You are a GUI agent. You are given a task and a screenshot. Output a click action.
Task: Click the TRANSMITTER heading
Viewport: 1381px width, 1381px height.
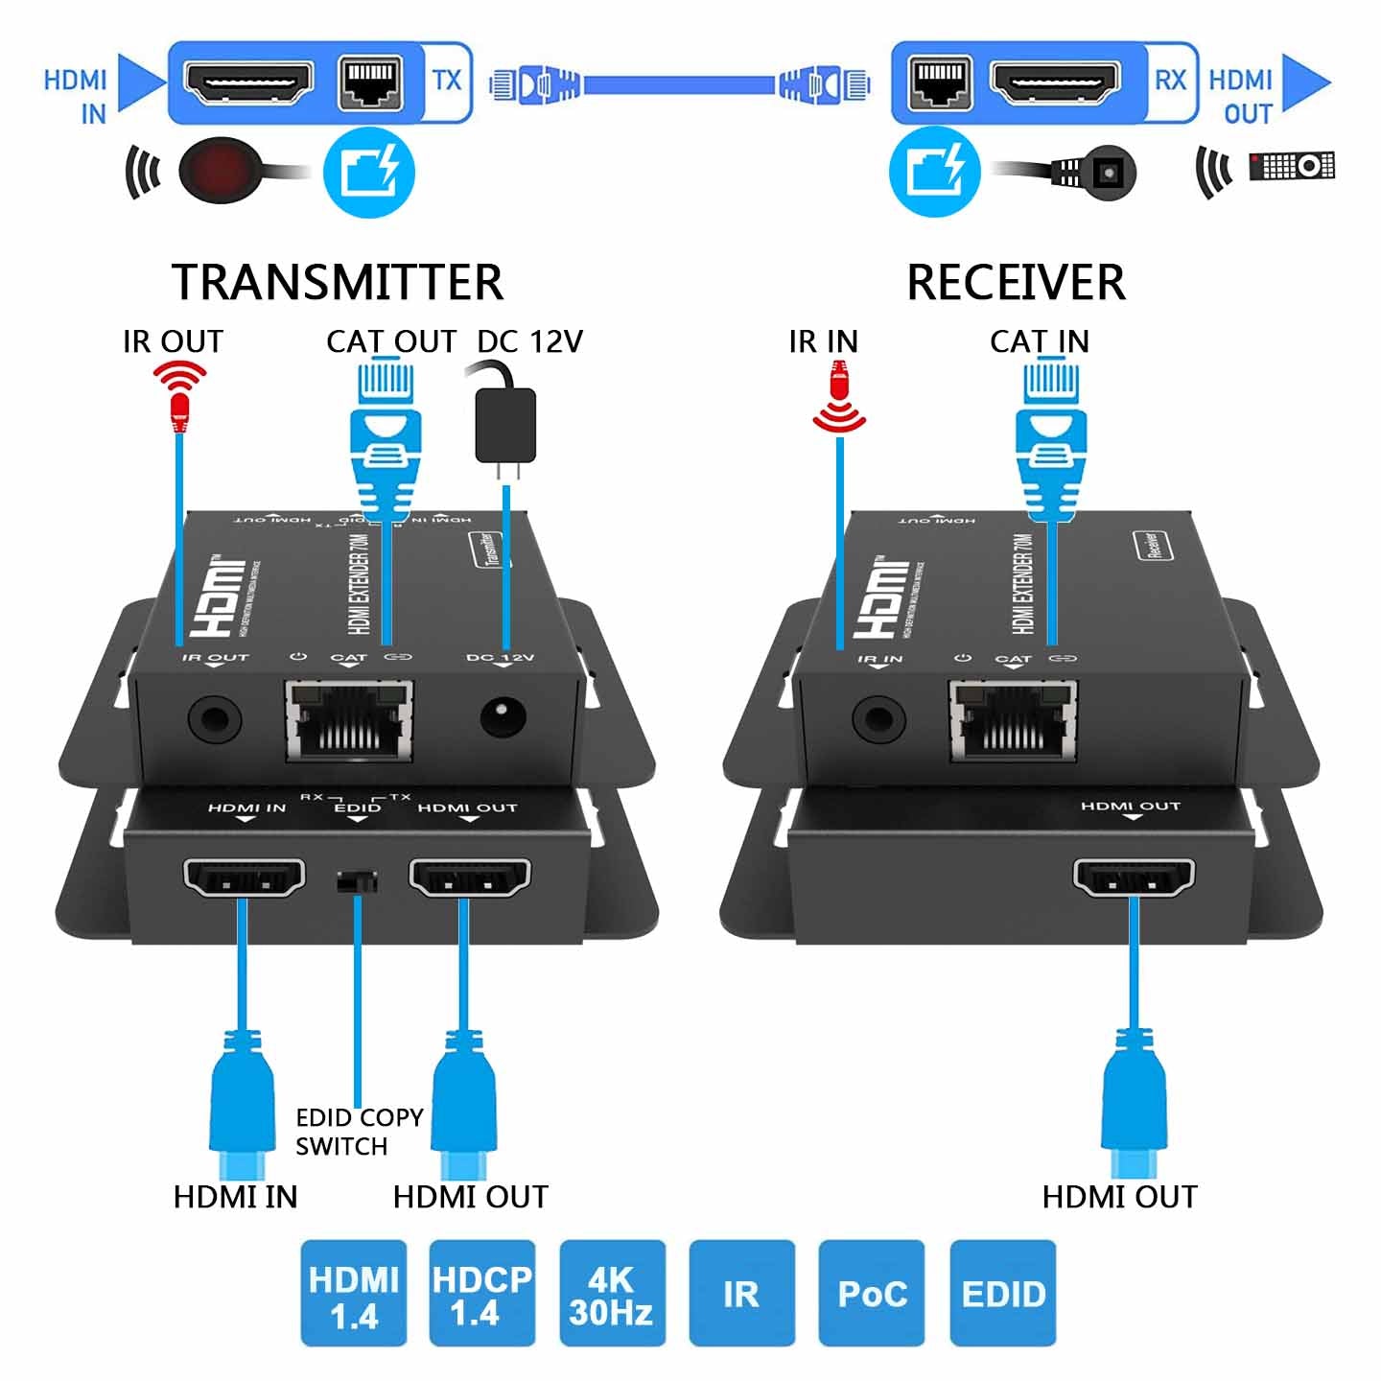[x=337, y=282]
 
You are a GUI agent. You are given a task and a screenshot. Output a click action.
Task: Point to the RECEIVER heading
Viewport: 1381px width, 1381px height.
[x=1016, y=282]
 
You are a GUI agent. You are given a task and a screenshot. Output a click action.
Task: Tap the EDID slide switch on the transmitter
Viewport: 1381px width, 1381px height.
[x=357, y=881]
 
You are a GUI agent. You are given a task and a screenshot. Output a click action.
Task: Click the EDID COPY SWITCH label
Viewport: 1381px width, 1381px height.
[x=359, y=1132]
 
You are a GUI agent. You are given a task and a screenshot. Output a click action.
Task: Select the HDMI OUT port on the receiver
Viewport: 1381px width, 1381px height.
[x=1134, y=877]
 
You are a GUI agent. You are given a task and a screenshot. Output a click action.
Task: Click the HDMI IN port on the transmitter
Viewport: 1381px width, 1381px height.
[x=244, y=877]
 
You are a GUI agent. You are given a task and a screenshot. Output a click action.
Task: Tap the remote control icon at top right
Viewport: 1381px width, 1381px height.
[x=1292, y=166]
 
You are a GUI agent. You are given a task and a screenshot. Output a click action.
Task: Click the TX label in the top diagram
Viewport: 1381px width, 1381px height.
[x=447, y=81]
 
